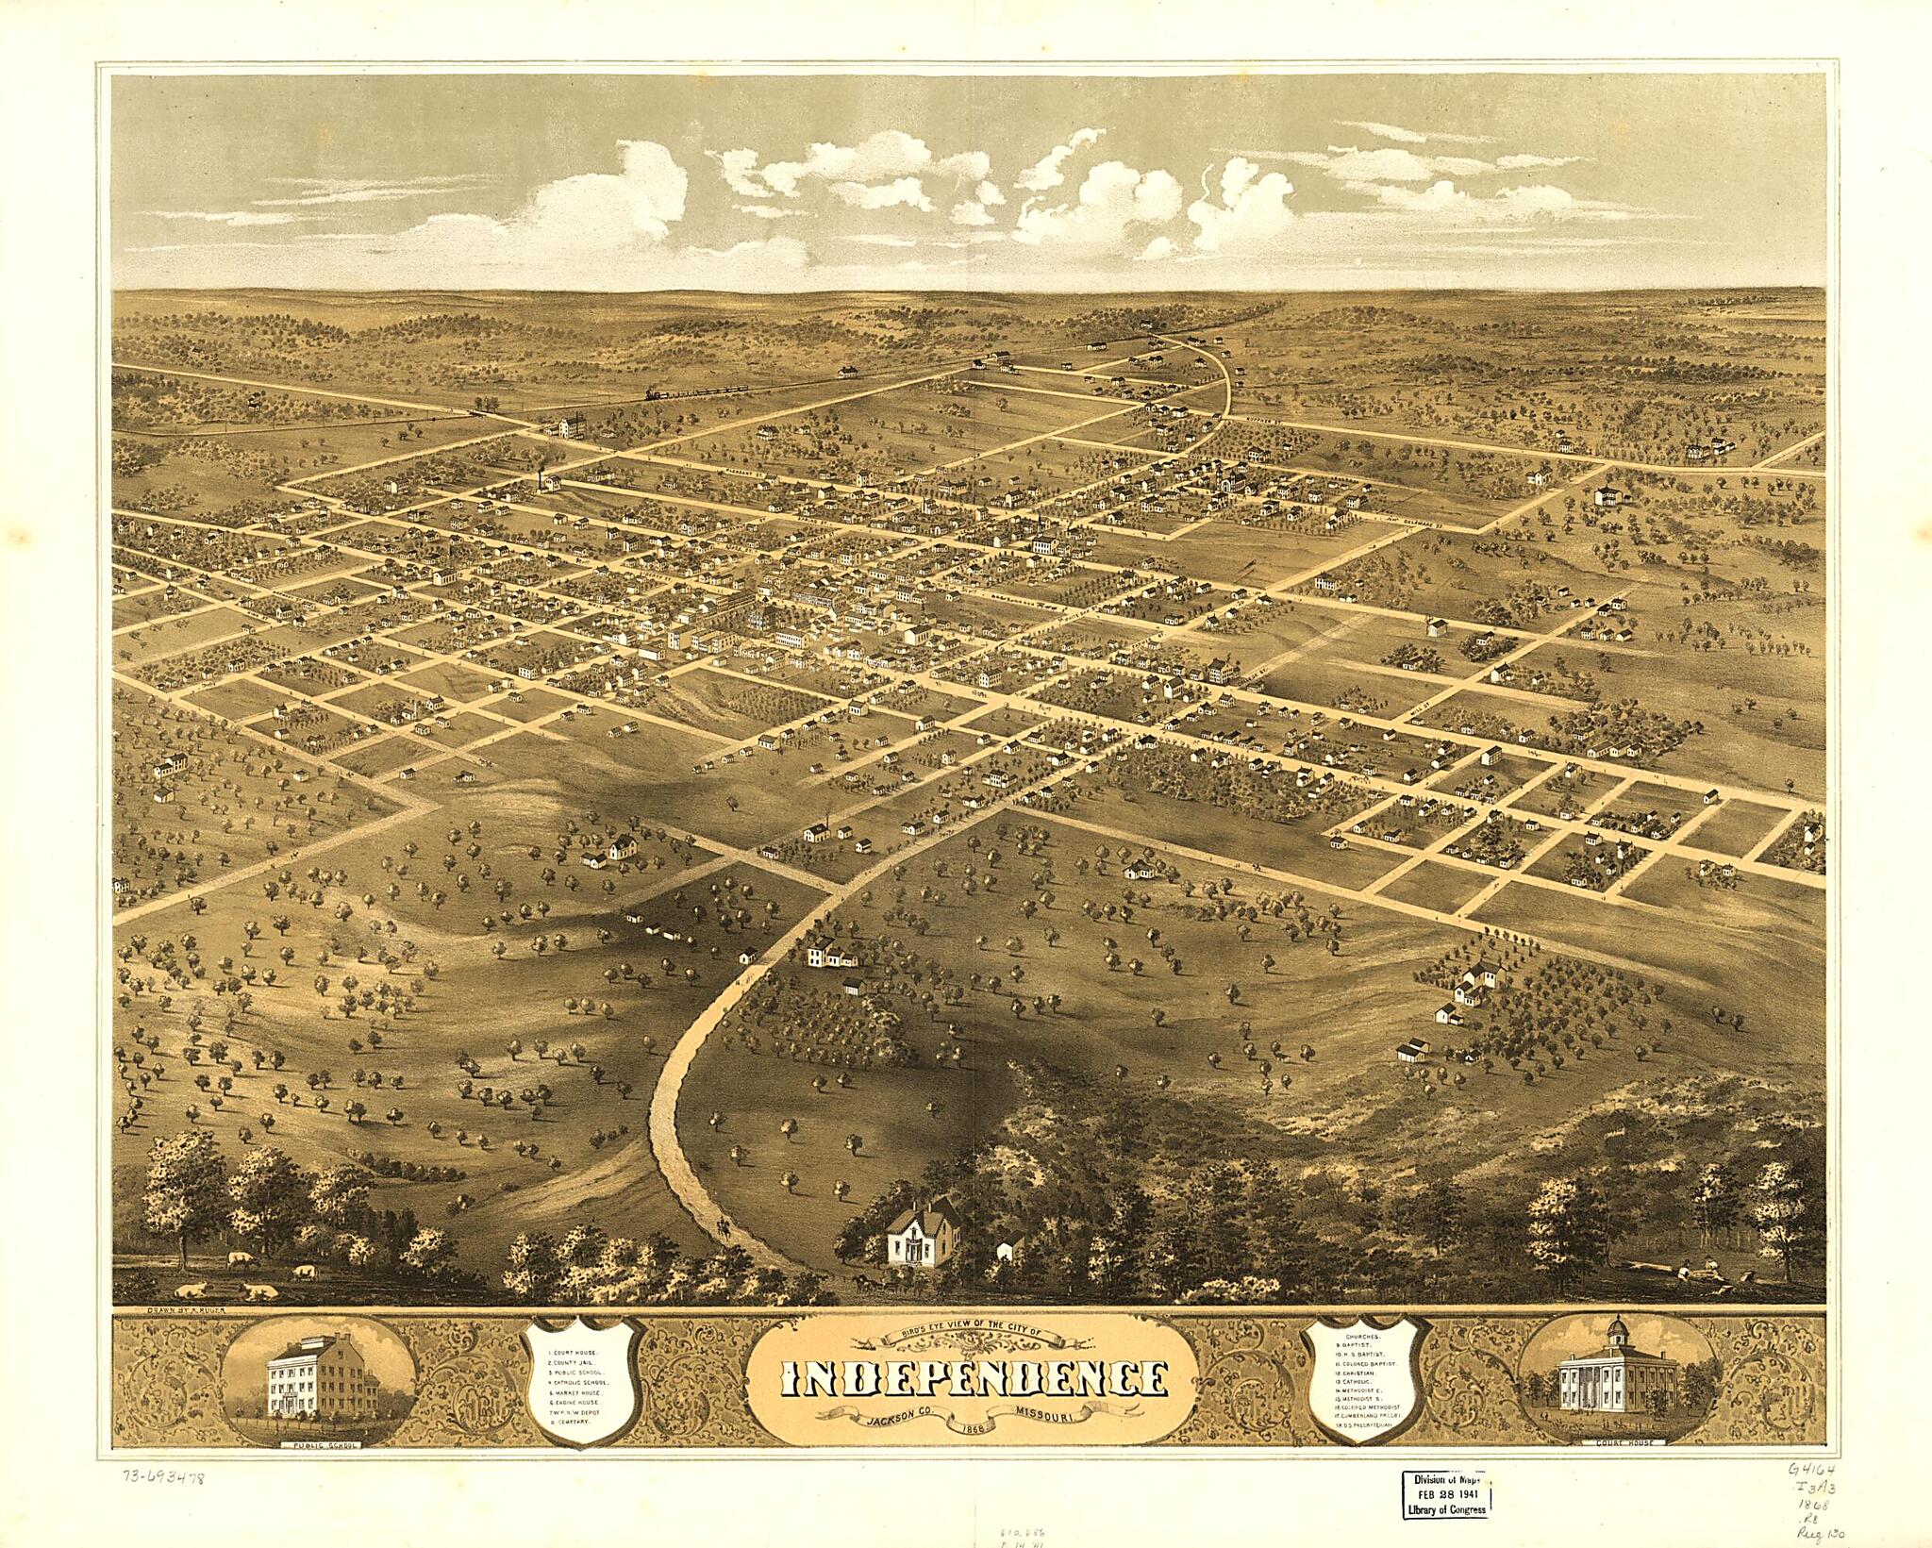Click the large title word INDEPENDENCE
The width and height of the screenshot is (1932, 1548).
tap(972, 1380)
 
